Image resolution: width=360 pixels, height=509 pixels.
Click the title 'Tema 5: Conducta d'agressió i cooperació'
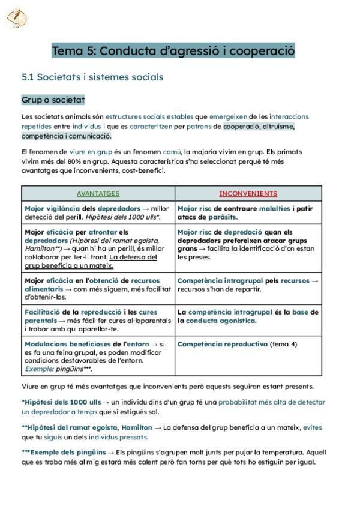[173, 50]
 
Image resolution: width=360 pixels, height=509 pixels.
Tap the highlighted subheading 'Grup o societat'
[53, 100]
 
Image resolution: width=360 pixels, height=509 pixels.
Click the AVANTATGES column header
[98, 193]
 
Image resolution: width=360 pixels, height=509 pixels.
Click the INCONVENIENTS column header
[248, 193]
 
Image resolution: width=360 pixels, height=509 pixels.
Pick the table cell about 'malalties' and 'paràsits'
[248, 212]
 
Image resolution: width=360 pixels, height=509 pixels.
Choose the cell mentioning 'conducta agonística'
[248, 316]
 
